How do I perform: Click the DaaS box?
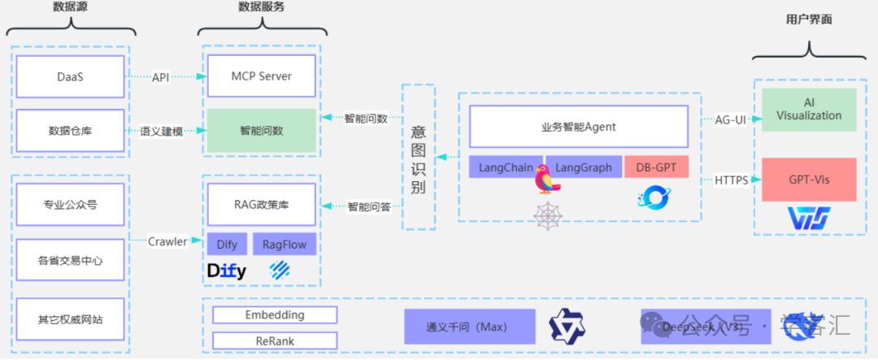(x=70, y=76)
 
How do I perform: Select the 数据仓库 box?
(x=70, y=130)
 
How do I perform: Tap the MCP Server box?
(x=261, y=76)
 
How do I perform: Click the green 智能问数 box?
(x=261, y=130)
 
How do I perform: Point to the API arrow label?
(x=161, y=77)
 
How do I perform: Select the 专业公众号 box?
(x=70, y=205)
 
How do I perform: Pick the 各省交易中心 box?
(x=70, y=261)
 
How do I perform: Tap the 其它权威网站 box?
(x=70, y=319)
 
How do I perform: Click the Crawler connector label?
(x=167, y=241)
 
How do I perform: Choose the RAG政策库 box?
(x=261, y=206)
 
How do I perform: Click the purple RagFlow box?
(x=284, y=244)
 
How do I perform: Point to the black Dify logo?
(x=227, y=271)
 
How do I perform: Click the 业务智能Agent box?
(x=578, y=127)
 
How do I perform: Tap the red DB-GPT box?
(x=655, y=167)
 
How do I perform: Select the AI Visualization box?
(x=808, y=110)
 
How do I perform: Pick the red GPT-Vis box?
(x=808, y=180)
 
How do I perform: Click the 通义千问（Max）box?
(x=469, y=327)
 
